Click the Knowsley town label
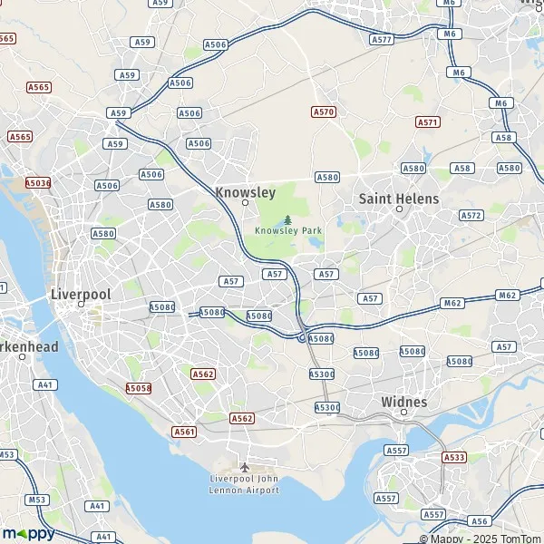pos(245,192)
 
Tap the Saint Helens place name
pos(399,199)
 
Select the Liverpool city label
pos(81,295)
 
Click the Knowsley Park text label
pos(287,230)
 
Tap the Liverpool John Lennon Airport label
pos(244,483)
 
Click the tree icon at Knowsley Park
pos(288,219)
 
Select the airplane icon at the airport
pos(244,467)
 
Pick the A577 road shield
pos(382,40)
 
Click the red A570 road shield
pos(323,112)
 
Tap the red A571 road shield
pos(427,121)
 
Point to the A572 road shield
pos(471,216)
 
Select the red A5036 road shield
pos(38,182)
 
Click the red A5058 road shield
pos(138,387)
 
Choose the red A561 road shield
pos(184,432)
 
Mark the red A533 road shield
pos(455,458)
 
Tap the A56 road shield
pos(480,521)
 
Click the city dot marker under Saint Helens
pos(399,210)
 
